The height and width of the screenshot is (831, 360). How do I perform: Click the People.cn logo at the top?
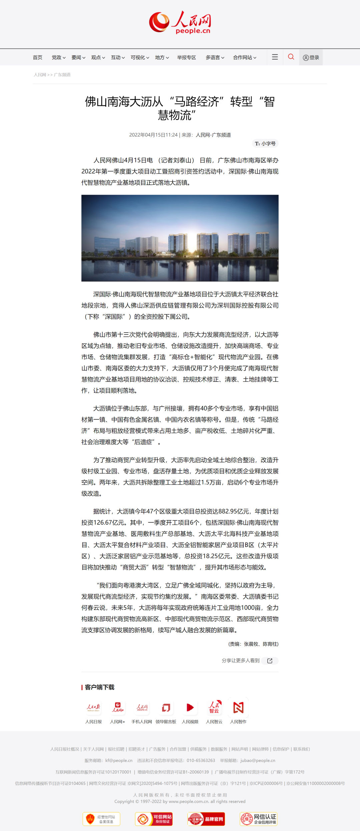pos(180,22)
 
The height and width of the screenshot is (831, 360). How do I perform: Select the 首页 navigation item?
pos(38,57)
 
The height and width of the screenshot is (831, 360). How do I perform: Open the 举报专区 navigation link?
pos(186,57)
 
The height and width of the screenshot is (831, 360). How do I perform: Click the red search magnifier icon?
pos(291,57)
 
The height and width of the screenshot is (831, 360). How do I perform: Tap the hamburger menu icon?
pos(275,57)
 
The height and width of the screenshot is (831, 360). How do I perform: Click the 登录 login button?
pos(311,57)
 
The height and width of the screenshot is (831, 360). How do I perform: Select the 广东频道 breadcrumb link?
pos(62,75)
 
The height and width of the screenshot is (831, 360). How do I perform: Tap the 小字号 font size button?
pos(265,144)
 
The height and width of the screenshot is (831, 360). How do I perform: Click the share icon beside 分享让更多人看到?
pos(270,661)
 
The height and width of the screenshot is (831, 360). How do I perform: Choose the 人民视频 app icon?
pos(190,707)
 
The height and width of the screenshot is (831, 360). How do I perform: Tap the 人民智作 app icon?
pos(238,707)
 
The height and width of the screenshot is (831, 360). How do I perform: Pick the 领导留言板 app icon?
pos(166,707)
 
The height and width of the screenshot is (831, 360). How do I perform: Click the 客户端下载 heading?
pos(99,687)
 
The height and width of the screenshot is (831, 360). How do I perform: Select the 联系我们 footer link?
pos(301,749)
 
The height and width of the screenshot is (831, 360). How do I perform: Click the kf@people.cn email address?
pos(119,760)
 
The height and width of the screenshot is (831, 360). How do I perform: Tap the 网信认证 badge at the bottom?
pos(258,819)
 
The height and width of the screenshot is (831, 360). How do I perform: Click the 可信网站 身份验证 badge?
pos(154,819)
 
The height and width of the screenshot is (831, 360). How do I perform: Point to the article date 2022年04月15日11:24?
pos(153,135)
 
